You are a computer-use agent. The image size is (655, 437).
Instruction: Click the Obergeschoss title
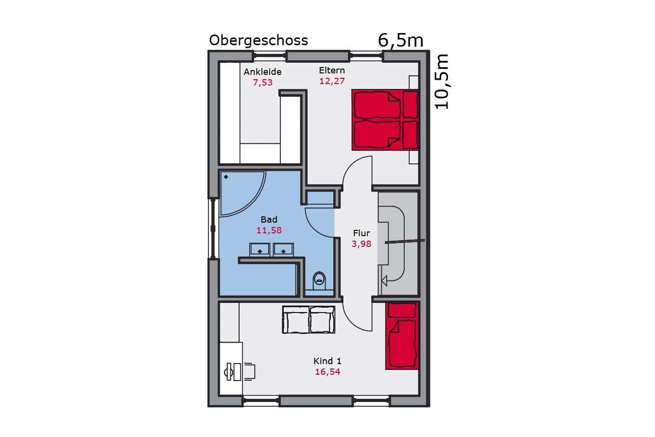pyautogui.click(x=259, y=40)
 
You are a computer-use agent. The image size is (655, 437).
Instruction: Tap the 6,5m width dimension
pyautogui.click(x=400, y=40)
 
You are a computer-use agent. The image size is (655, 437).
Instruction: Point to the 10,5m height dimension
pyautogui.click(x=442, y=82)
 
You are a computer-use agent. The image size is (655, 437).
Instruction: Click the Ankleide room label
pyautogui.click(x=262, y=71)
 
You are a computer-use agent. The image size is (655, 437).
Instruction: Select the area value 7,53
pyautogui.click(x=262, y=83)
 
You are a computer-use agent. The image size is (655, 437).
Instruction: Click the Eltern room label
pyautogui.click(x=332, y=70)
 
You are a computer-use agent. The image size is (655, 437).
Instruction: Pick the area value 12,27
pyautogui.click(x=332, y=81)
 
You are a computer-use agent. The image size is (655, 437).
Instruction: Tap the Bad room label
pyautogui.click(x=269, y=219)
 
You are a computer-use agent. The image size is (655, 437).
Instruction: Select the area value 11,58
pyautogui.click(x=269, y=230)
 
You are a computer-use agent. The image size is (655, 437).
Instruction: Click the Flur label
pyautogui.click(x=362, y=233)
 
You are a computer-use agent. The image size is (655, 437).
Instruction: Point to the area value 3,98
pyautogui.click(x=362, y=244)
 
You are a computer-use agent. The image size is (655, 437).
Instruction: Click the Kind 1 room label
pyautogui.click(x=327, y=361)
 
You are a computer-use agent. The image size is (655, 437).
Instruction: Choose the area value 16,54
pyautogui.click(x=327, y=372)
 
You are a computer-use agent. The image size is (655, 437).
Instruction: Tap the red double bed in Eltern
pyautogui.click(x=385, y=120)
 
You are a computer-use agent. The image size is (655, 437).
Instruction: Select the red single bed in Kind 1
pyautogui.click(x=402, y=336)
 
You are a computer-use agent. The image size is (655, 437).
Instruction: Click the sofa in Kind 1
pyautogui.click(x=309, y=320)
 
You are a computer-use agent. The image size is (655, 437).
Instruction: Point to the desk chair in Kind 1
pyautogui.click(x=249, y=372)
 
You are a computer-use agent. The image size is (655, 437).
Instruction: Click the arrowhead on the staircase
pyautogui.click(x=384, y=281)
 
